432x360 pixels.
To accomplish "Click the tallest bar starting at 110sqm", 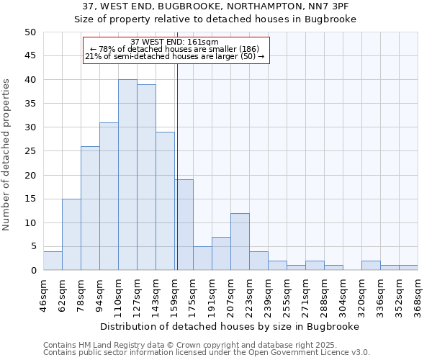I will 127,175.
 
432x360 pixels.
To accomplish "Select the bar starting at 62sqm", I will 71,235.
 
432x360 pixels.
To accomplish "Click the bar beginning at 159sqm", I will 184,225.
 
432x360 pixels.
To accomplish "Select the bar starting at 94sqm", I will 109,197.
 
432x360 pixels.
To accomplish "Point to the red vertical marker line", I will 177,166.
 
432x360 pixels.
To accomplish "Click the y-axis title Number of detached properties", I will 7,156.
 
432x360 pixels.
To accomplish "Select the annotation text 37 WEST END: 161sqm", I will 175,42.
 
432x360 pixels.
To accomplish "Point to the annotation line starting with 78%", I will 175,49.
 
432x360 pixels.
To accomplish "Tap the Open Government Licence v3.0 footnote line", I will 207,352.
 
